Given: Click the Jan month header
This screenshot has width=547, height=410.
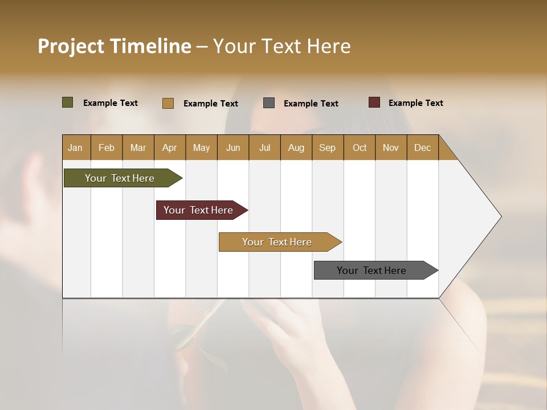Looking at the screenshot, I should click(x=76, y=147).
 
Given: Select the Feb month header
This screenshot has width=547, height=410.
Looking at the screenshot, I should click(x=107, y=147).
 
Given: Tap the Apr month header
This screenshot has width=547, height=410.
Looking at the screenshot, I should click(x=170, y=147).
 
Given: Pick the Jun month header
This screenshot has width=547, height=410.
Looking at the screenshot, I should click(x=233, y=147).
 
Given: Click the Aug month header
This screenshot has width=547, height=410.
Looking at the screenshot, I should click(x=296, y=147).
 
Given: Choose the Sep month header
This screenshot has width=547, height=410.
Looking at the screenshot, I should click(x=328, y=147).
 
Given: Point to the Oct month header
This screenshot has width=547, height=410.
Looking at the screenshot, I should click(x=360, y=147).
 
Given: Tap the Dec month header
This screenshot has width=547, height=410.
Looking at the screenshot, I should click(x=423, y=147).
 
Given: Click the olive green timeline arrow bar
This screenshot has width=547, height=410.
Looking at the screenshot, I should click(x=120, y=178).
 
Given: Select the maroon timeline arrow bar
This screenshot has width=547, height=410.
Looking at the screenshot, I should click(x=199, y=210).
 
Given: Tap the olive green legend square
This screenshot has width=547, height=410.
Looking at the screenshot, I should click(x=67, y=102).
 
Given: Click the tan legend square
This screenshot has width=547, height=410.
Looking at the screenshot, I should click(x=168, y=103).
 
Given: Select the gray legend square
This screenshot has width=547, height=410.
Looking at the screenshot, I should click(x=269, y=102).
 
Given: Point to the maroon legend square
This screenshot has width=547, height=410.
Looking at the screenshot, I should click(x=374, y=102).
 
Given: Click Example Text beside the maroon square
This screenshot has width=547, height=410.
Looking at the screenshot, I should click(x=416, y=102).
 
